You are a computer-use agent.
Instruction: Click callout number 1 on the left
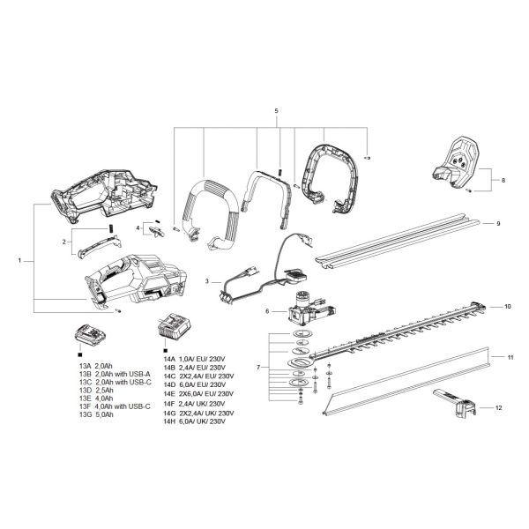19,261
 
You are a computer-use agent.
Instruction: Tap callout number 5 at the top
276,110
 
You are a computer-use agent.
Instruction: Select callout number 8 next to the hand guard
503,180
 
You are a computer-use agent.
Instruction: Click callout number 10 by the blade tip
507,306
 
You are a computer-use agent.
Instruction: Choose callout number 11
509,357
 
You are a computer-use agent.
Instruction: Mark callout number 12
498,408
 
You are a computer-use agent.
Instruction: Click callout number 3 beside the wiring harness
205,280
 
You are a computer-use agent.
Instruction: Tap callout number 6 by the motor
266,311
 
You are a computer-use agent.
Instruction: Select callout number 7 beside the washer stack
257,365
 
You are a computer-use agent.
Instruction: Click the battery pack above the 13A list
90,336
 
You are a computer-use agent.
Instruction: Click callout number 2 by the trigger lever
64,241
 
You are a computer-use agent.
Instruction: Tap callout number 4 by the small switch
138,227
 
